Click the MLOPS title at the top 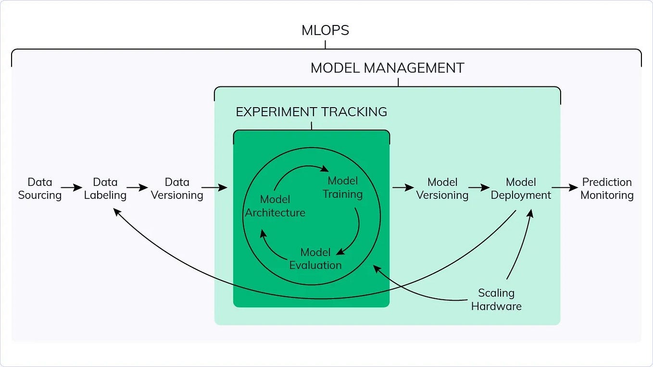pyautogui.click(x=325, y=30)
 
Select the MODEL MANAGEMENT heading pyautogui.click(x=387, y=68)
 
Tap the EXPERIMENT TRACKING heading pyautogui.click(x=311, y=112)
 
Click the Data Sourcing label pyautogui.click(x=39, y=189)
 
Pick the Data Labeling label pyautogui.click(x=105, y=189)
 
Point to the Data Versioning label pyautogui.click(x=177, y=189)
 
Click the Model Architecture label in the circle pyautogui.click(x=275, y=206)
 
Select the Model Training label pyautogui.click(x=342, y=187)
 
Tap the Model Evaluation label pyautogui.click(x=315, y=258)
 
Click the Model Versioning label pyautogui.click(x=442, y=189)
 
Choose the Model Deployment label pyautogui.click(x=521, y=189)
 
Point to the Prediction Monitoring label pyautogui.click(x=607, y=189)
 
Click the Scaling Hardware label pyautogui.click(x=496, y=299)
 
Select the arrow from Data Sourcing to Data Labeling pyautogui.click(x=72, y=188)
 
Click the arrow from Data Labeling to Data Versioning pyautogui.click(x=137, y=188)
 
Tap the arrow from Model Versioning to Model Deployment pyautogui.click(x=479, y=188)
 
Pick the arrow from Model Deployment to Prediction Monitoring pyautogui.click(x=565, y=187)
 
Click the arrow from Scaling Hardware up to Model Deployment pyautogui.click(x=520, y=245)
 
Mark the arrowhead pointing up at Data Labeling pyautogui.click(x=116, y=211)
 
